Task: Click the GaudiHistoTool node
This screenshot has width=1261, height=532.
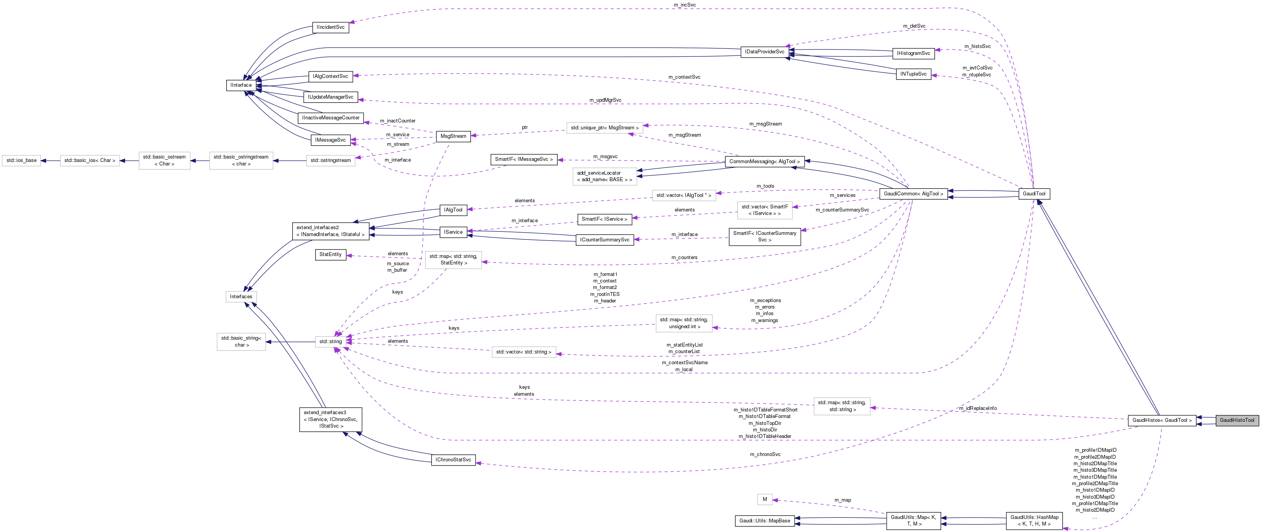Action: (1236, 420)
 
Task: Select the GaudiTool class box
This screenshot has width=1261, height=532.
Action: (1034, 193)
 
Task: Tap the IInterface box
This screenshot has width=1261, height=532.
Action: (241, 85)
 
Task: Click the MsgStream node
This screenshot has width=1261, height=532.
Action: (453, 136)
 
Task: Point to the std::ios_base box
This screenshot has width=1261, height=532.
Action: (21, 160)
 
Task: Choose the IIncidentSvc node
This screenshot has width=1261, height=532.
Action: (331, 27)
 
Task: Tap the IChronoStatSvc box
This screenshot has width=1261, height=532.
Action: (453, 460)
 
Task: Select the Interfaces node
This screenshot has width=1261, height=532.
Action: (241, 297)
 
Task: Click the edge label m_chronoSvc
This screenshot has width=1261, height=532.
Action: (765, 454)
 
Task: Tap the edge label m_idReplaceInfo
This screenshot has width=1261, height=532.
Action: (978, 408)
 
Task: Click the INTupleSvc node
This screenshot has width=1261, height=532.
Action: (913, 74)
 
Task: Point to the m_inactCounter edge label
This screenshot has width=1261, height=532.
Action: (397, 121)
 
